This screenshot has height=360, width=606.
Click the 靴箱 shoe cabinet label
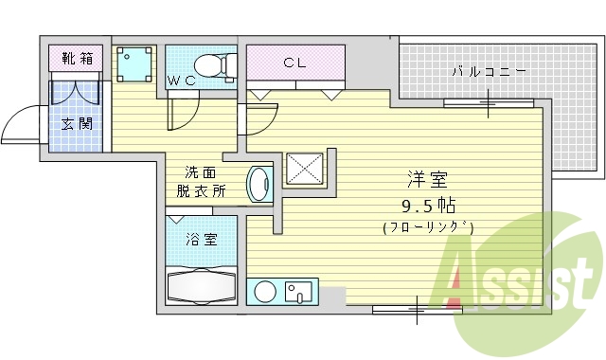point(78,59)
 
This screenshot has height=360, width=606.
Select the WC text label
point(182,81)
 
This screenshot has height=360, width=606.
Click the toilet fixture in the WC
point(219,64)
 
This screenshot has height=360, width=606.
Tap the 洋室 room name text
point(427,179)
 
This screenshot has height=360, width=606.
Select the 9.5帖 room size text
point(428,204)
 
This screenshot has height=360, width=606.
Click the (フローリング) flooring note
point(428,227)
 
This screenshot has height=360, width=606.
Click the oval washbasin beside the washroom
point(258,184)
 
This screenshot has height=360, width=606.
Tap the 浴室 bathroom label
point(202,239)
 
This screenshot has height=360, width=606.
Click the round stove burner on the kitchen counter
point(264,292)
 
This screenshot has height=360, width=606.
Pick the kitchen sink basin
point(301,291)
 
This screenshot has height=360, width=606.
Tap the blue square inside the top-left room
point(134,64)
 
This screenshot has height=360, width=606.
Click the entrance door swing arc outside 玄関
point(21,127)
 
